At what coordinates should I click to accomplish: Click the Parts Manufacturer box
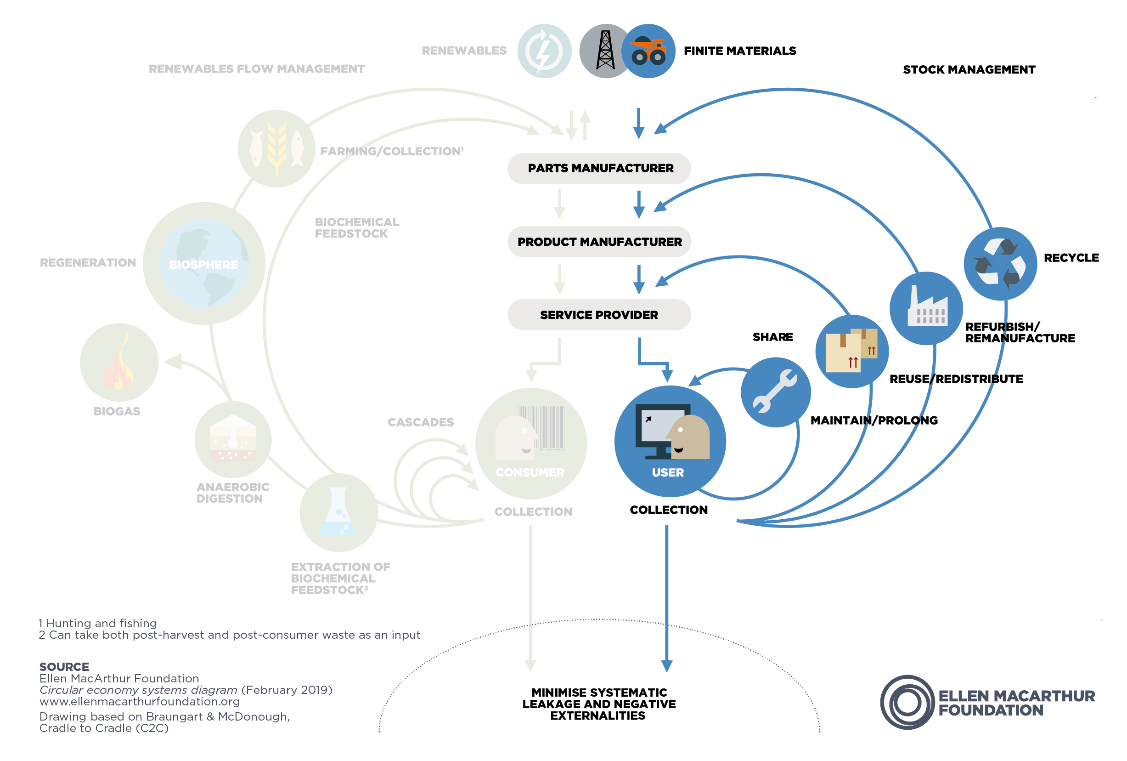tap(599, 168)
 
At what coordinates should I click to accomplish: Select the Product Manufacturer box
tap(599, 242)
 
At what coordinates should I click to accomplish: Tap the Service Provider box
tap(599, 315)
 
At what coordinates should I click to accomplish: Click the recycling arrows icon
tap(1000, 263)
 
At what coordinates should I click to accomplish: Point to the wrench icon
tap(775, 392)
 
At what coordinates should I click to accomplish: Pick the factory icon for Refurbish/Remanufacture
tap(926, 308)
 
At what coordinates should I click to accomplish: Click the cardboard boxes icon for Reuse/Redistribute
tap(851, 352)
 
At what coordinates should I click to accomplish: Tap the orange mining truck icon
tap(648, 51)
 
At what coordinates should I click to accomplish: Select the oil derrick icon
tap(605, 51)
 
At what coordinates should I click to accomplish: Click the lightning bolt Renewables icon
tap(544, 51)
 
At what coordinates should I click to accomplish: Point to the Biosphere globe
tap(203, 263)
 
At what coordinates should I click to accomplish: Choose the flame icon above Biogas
tap(119, 362)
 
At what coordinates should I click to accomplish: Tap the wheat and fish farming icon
tap(276, 148)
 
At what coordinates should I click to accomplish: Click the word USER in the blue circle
tap(668, 472)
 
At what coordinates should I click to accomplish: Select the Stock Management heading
tap(969, 69)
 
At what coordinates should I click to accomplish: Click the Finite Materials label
tap(739, 51)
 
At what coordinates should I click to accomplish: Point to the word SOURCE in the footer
tap(64, 666)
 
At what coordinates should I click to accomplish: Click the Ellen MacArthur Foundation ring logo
tap(907, 702)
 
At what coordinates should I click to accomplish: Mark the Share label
tap(772, 337)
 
